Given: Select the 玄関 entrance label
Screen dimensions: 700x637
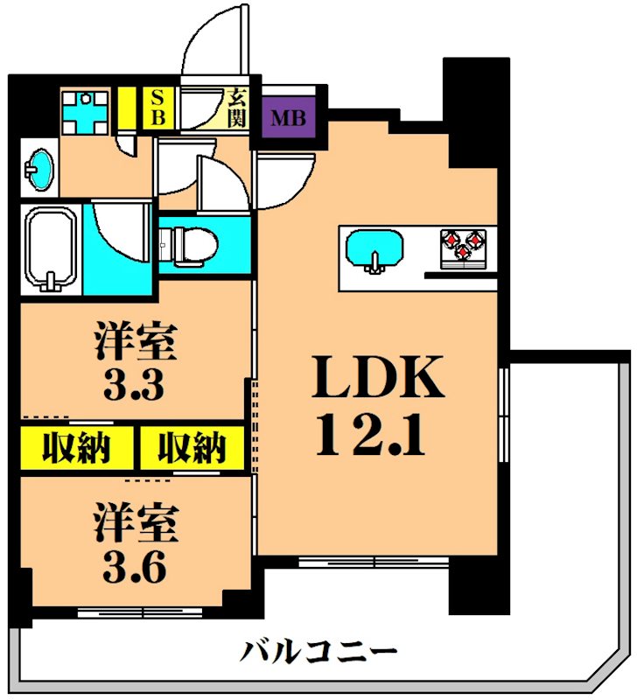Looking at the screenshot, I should click(237, 108).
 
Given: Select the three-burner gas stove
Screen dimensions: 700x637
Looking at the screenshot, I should click(463, 244).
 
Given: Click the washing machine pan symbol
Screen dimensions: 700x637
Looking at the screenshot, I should click(85, 111).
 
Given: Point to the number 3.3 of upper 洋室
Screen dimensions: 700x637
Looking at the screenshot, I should click(136, 384).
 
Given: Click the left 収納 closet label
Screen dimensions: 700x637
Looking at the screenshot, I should click(77, 449).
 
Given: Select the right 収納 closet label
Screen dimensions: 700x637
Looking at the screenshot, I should click(192, 449).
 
